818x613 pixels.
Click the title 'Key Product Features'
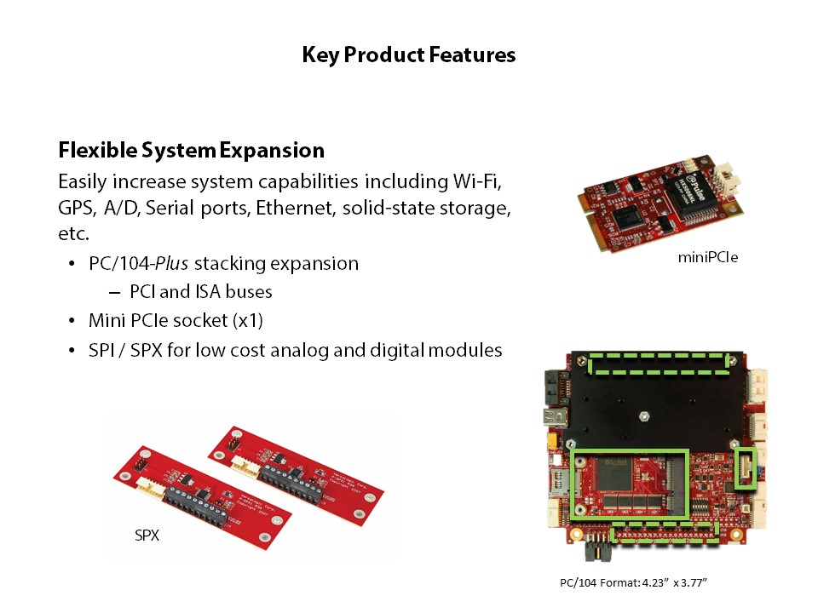408,54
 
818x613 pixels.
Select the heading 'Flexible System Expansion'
192,150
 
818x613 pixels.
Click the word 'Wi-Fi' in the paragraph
477,181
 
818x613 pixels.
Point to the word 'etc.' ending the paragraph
73,233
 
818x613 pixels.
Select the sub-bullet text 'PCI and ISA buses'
201,291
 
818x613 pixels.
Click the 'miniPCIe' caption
708,257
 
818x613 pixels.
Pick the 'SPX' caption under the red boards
147,536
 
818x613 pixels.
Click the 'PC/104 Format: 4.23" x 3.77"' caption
633,582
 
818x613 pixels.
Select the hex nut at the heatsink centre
644,416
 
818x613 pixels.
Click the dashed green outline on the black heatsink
659,355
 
